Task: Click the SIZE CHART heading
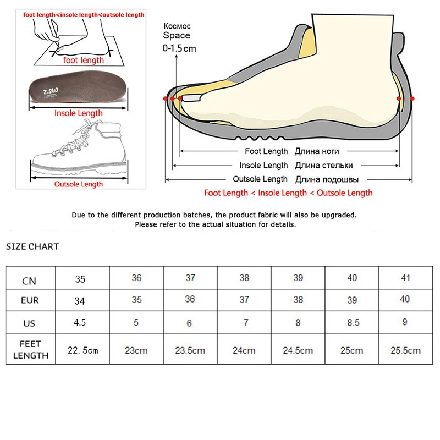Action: click(x=32, y=246)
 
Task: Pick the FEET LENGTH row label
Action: click(x=30, y=350)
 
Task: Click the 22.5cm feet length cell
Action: click(x=82, y=350)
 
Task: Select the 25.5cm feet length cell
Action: click(x=405, y=350)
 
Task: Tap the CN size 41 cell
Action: click(x=405, y=278)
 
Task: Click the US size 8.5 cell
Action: click(x=352, y=322)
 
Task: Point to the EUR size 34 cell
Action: click(x=80, y=301)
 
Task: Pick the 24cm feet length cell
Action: click(x=244, y=350)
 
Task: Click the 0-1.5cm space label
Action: click(x=179, y=48)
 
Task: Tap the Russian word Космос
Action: click(x=177, y=26)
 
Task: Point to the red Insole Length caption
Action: click(x=78, y=113)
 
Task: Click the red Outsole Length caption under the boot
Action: click(x=78, y=184)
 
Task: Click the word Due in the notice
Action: click(x=79, y=215)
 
